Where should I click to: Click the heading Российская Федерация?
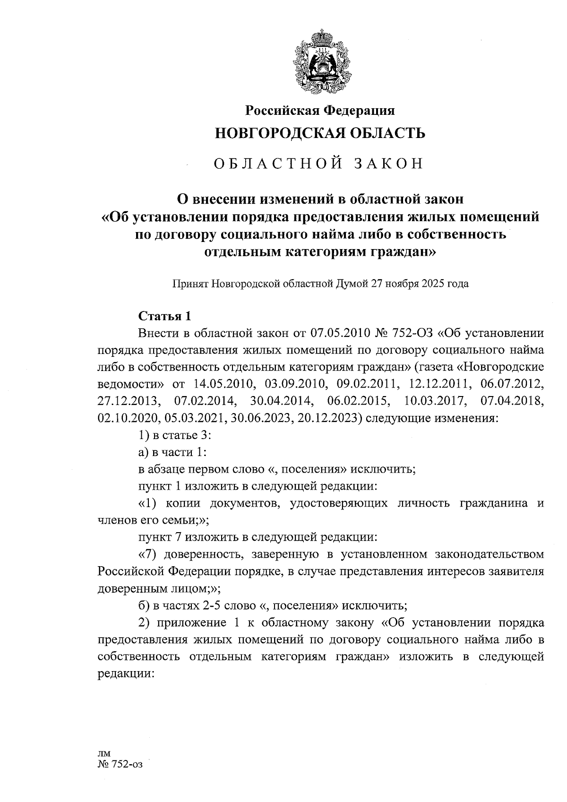point(320,111)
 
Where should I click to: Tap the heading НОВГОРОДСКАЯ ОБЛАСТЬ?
point(320,133)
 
